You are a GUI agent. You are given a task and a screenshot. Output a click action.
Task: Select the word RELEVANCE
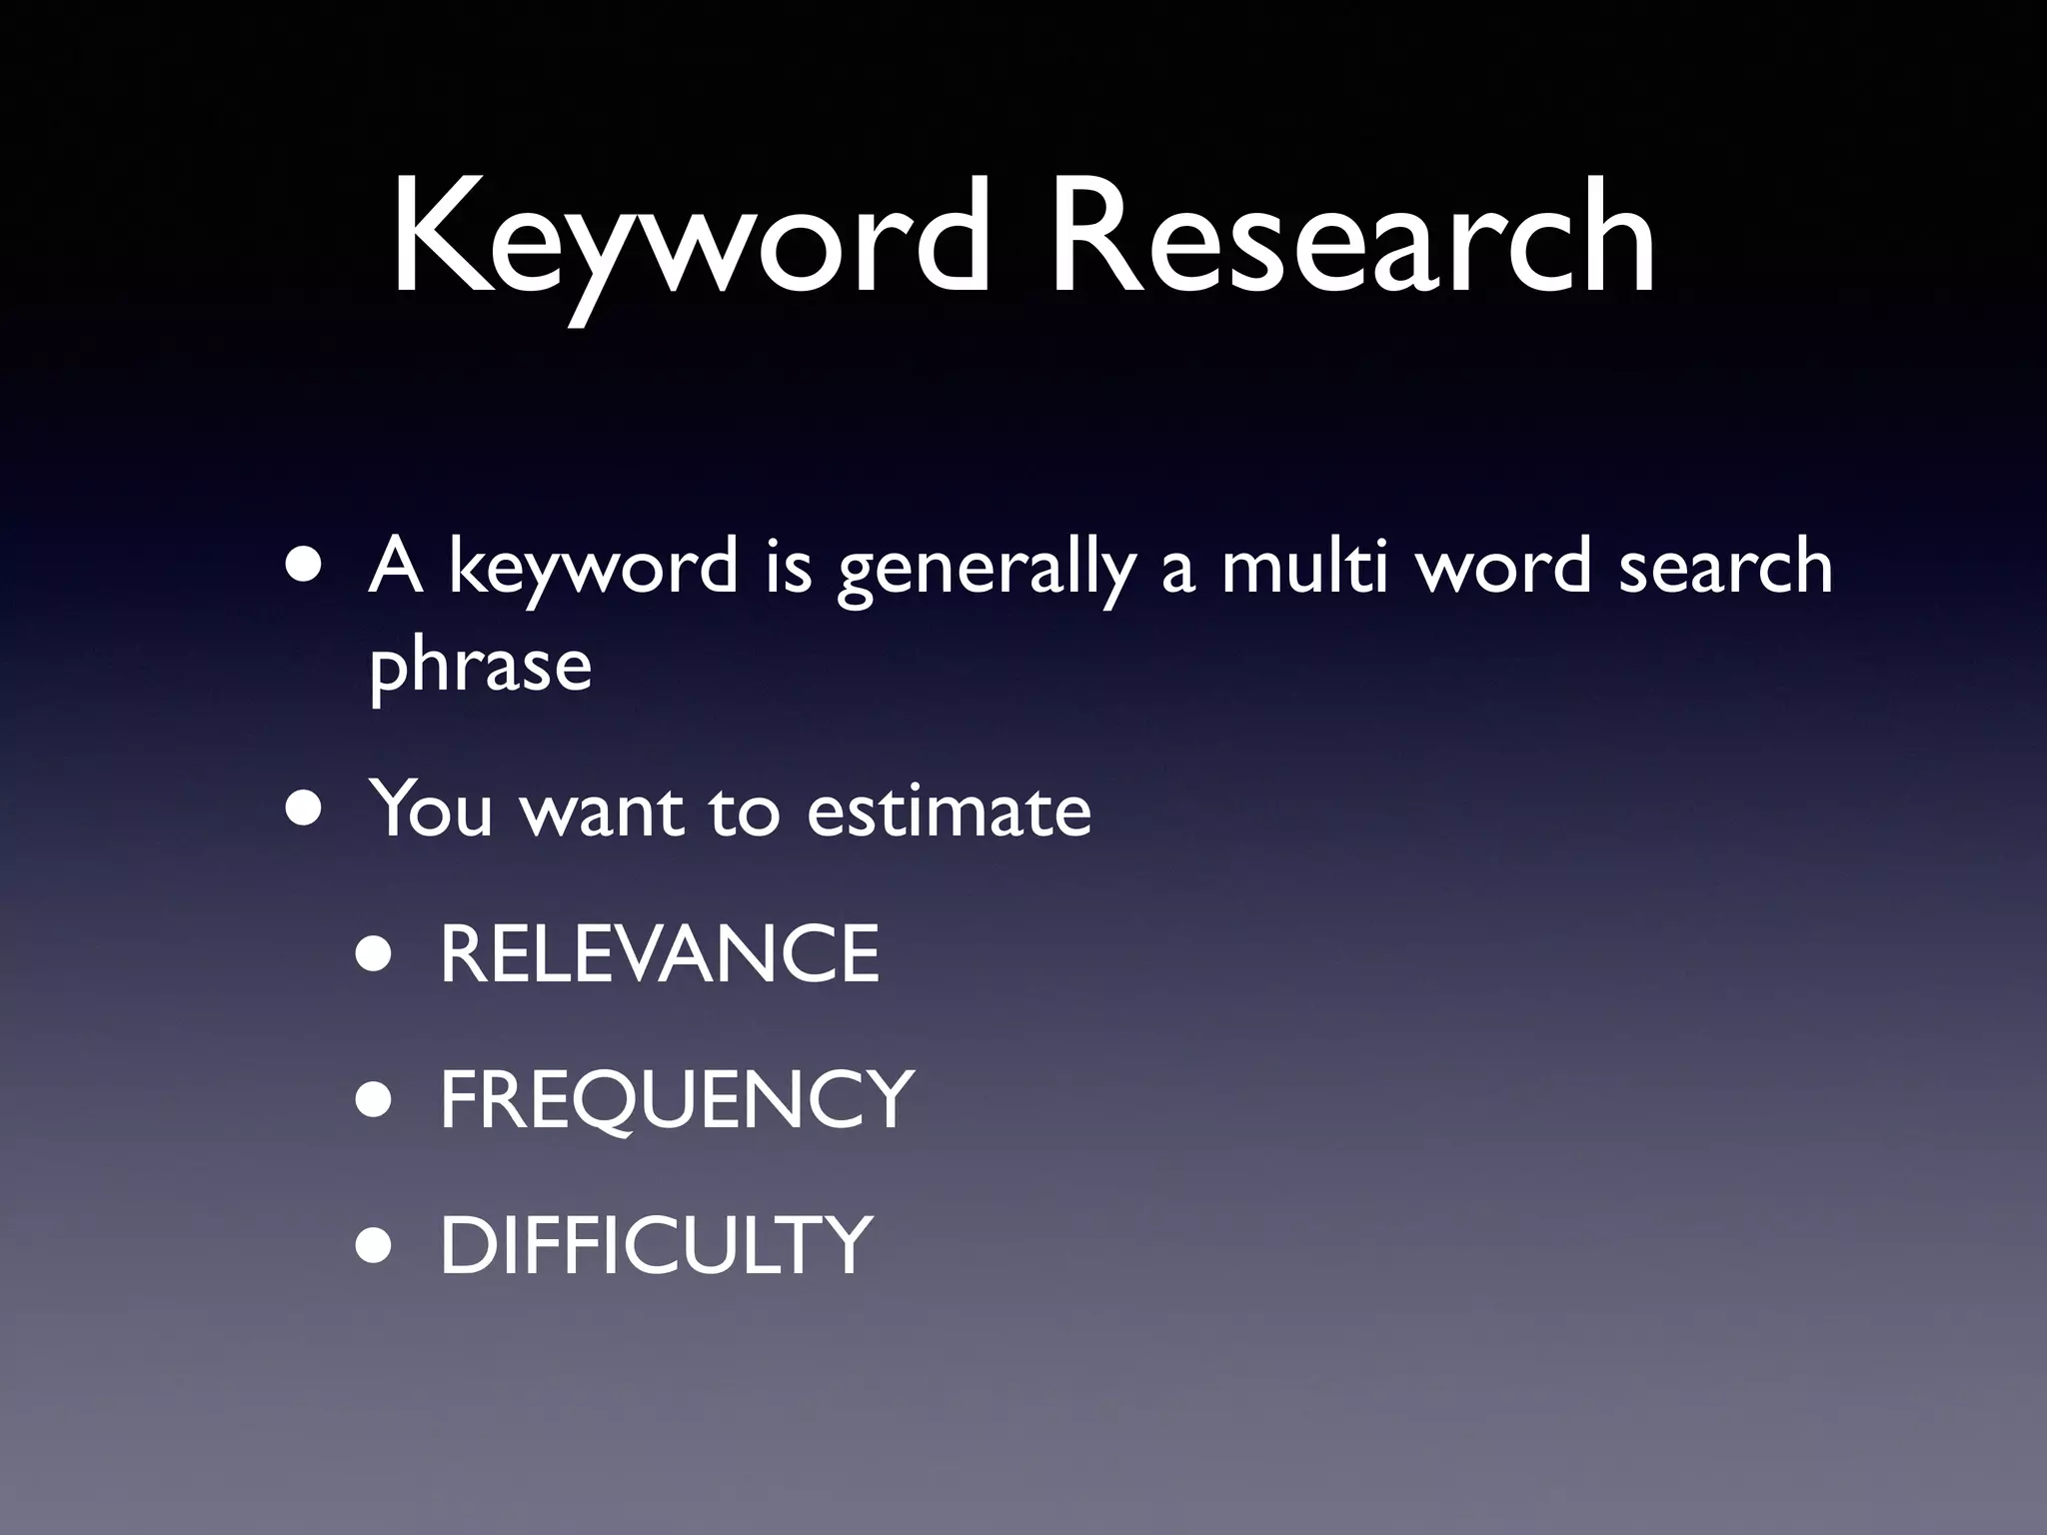[660, 954]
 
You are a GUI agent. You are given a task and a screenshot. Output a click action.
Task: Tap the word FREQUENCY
[677, 1100]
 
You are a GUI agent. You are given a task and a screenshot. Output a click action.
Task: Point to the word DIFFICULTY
[656, 1245]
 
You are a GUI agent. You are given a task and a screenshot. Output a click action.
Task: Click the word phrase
[481, 668]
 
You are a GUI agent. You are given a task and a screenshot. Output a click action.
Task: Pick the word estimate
[949, 809]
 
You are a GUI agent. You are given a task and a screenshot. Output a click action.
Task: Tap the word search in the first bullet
[1725, 566]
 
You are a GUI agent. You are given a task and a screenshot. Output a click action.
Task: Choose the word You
[431, 809]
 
